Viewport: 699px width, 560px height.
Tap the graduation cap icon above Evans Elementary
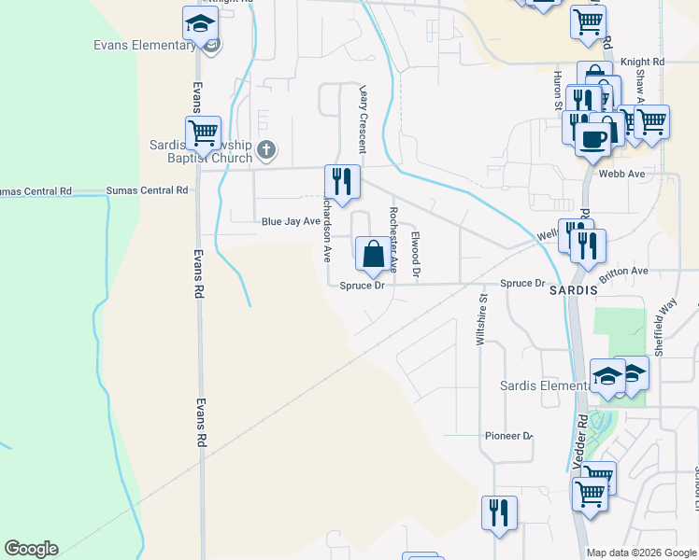tap(200, 23)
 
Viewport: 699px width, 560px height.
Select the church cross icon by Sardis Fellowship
tap(266, 149)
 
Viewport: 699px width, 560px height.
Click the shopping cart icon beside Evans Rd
tap(202, 133)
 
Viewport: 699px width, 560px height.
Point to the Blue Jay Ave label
tap(291, 222)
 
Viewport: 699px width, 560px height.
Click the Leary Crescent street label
tap(363, 119)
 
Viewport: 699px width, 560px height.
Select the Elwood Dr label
tap(417, 256)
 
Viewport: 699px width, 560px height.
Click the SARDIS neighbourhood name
tap(573, 291)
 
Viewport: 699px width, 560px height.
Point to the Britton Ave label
tap(624, 271)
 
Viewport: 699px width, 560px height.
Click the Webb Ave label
tap(622, 174)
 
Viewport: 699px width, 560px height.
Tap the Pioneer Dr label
tap(507, 436)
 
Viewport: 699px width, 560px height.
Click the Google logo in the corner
tap(31, 549)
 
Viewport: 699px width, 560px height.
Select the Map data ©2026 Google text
tap(641, 553)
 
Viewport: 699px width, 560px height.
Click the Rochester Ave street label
tap(393, 239)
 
